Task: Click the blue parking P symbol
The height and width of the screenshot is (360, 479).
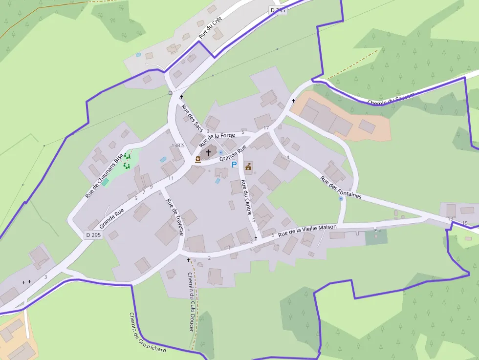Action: point(234,165)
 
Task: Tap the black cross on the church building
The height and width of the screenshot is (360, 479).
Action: point(208,153)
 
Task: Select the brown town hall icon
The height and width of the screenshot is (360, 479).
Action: point(248,167)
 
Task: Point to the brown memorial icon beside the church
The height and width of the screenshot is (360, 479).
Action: point(198,159)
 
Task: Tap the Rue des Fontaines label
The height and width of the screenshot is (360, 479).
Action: point(341,187)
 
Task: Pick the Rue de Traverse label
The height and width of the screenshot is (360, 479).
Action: point(174,217)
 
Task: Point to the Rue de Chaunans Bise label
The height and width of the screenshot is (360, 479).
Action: point(104,176)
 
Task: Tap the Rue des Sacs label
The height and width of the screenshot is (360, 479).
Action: point(192,118)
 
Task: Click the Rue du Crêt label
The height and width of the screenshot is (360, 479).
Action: point(210,27)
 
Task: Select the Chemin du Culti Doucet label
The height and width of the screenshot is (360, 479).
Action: point(191,301)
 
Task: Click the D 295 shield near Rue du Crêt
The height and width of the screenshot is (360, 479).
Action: point(278,10)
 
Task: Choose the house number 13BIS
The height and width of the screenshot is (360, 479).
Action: point(178,146)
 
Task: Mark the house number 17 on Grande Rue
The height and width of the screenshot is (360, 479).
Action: point(266,128)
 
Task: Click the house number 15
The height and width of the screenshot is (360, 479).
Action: point(465,223)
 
